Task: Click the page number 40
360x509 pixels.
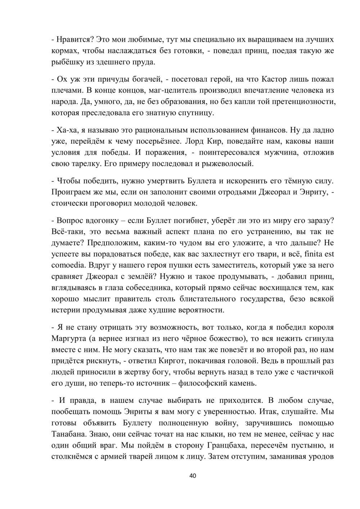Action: (193, 476)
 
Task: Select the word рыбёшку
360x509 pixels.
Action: (67, 62)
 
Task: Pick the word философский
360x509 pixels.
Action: (203, 383)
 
